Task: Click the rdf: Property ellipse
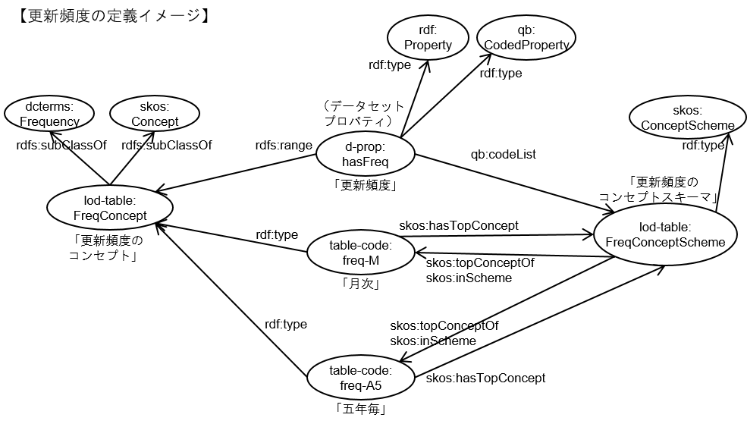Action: point(428,37)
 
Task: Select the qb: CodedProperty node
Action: point(526,37)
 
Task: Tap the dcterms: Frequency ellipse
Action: point(49,115)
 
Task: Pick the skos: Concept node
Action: point(155,115)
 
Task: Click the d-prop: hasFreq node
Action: point(366,154)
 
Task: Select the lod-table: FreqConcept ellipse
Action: point(110,208)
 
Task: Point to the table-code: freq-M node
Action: point(361,253)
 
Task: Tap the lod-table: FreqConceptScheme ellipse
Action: point(665,234)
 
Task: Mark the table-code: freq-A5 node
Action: point(361,378)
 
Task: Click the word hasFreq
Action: point(366,162)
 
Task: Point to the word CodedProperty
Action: point(526,45)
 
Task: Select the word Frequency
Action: point(49,121)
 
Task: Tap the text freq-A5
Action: point(361,385)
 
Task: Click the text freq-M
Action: point(361,260)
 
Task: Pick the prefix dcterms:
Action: point(49,107)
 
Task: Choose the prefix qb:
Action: point(526,30)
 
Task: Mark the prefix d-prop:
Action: point(366,146)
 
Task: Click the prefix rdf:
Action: point(428,30)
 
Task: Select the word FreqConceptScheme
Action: point(665,242)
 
